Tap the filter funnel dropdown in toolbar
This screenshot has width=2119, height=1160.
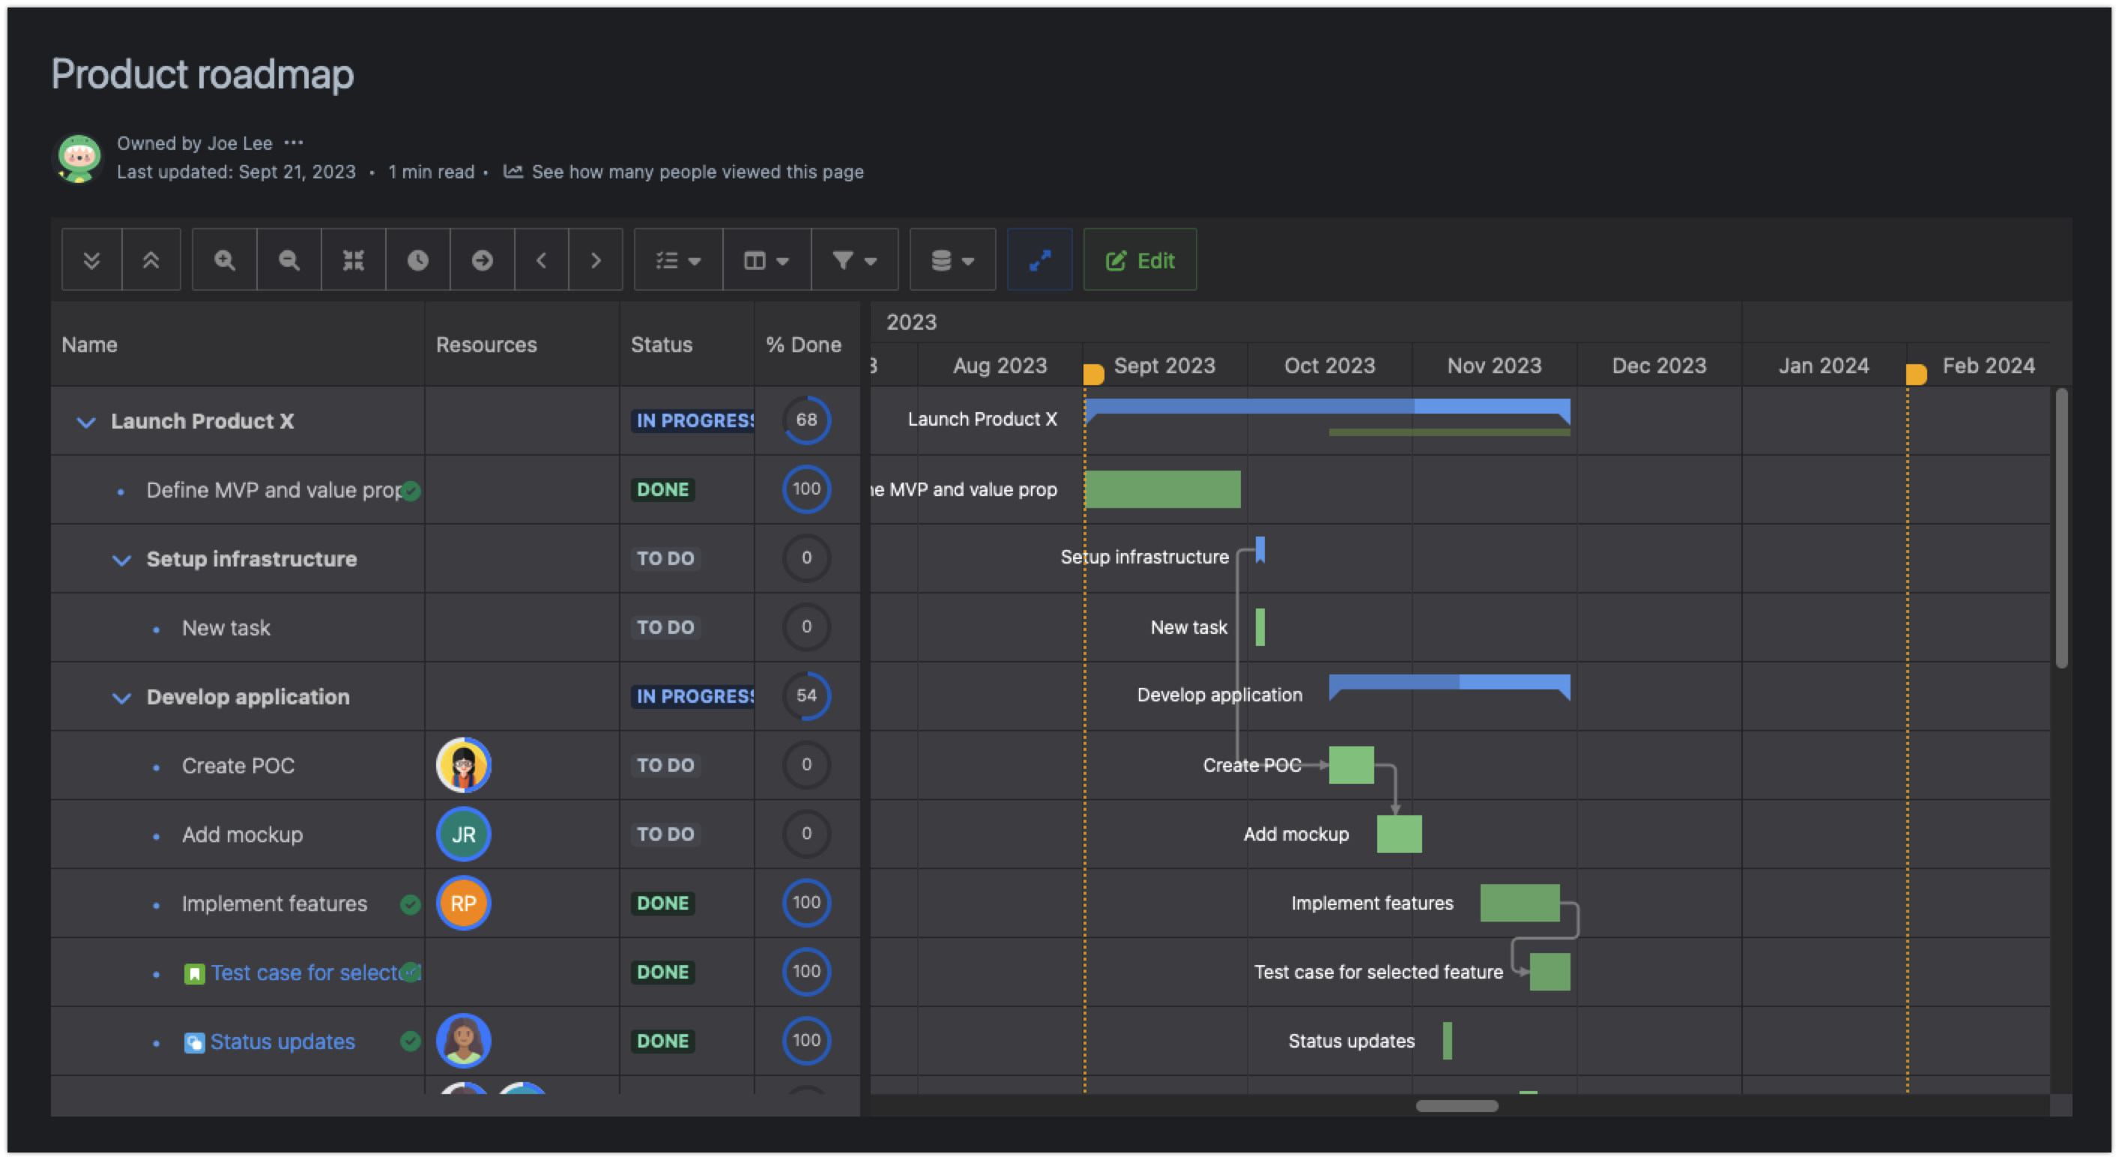[x=854, y=261]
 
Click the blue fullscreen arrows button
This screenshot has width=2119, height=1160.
[x=1040, y=261]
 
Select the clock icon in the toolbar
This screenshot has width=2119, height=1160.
[x=418, y=261]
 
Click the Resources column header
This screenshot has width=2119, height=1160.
[x=486, y=345]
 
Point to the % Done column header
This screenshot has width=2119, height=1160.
[x=804, y=345]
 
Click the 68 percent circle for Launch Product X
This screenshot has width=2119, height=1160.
[x=806, y=420]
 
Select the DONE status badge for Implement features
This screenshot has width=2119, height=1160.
[x=663, y=903]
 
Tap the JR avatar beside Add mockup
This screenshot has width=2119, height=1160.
[x=463, y=834]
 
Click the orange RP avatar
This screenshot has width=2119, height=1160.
[x=463, y=903]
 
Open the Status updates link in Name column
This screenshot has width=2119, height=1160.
[x=282, y=1042]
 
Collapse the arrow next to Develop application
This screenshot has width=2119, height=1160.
[x=121, y=698]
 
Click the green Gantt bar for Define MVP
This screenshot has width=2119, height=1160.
[x=1161, y=489]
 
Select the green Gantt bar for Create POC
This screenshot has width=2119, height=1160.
[x=1351, y=765]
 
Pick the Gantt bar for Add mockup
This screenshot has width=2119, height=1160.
[x=1398, y=834]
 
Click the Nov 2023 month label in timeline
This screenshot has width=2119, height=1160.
[x=1494, y=366]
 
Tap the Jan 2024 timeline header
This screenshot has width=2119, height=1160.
[x=1823, y=366]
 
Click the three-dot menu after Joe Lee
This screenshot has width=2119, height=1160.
[x=294, y=143]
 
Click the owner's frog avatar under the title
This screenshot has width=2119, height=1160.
[x=79, y=158]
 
